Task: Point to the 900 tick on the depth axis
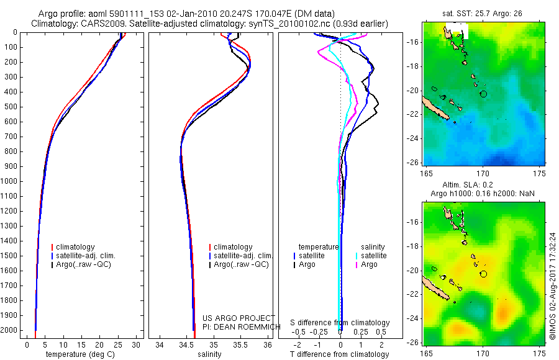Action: [x=11, y=166]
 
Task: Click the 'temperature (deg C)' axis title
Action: [x=80, y=354]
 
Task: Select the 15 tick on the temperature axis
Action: [x=81, y=345]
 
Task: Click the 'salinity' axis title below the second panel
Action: [x=209, y=354]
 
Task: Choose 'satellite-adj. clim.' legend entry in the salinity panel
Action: [x=241, y=256]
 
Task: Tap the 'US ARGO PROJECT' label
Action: [x=239, y=318]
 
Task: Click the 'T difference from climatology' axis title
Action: [x=339, y=354]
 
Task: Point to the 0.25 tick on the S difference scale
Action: [x=360, y=332]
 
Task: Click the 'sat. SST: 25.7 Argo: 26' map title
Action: [x=482, y=14]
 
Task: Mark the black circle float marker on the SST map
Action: [x=483, y=94]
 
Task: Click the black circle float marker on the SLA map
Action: [x=483, y=274]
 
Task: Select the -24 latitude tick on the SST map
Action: [x=412, y=138]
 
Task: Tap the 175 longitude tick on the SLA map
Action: [x=539, y=354]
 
